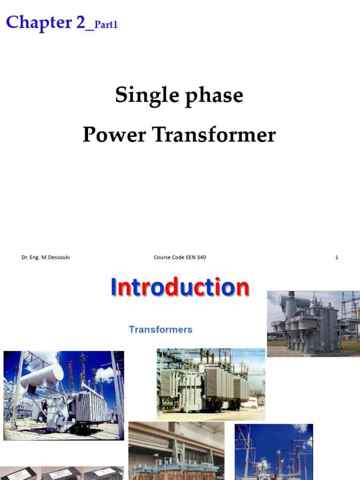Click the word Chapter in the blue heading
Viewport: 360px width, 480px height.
pos(39,22)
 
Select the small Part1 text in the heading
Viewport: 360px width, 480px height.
pos(106,24)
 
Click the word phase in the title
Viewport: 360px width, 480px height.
pos(214,96)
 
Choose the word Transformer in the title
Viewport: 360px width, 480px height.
pos(214,135)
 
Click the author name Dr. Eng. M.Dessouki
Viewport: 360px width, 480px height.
pos(45,257)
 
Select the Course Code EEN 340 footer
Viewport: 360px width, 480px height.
pos(180,257)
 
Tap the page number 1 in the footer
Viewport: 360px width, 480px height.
pos(337,257)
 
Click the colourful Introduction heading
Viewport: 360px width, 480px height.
pos(180,287)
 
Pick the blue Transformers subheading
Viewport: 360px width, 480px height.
pos(161,330)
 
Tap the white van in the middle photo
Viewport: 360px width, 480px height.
pos(249,404)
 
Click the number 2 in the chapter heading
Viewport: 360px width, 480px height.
pos(81,22)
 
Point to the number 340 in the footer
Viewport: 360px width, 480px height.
pos(202,257)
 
